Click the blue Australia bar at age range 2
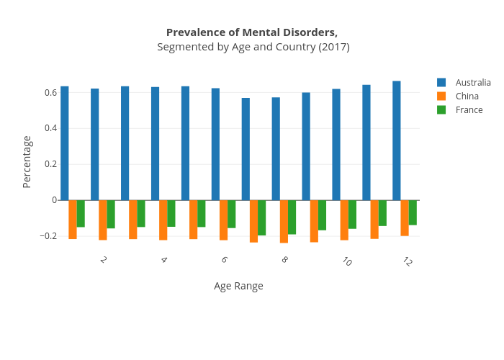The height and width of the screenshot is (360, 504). coord(95,144)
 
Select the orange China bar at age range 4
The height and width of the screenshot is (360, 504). coord(163,220)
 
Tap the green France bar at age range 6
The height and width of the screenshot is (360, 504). coord(232,214)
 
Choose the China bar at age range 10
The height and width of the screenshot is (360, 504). coord(344,220)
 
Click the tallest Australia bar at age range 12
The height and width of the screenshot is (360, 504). coord(397,140)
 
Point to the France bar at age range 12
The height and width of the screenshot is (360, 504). coord(413,212)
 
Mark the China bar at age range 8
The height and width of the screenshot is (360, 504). coord(284,221)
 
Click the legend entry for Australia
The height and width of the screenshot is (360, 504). coord(472,83)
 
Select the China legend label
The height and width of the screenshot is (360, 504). coord(467,96)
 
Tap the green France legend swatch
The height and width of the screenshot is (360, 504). coord(441,110)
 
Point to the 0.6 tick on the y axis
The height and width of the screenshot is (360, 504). coord(50,93)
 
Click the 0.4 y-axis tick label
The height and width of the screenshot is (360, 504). coord(50,129)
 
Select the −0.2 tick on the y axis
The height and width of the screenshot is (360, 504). coord(48,236)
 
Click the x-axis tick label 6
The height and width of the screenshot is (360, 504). coord(225,260)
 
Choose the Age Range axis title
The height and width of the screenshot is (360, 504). coord(238,286)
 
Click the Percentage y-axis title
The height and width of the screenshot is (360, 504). coord(27,162)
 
